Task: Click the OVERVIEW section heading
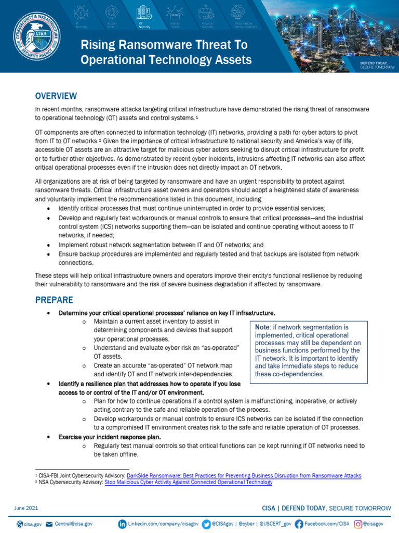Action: (56, 96)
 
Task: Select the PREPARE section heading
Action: (54, 300)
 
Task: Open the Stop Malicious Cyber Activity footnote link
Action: (188, 483)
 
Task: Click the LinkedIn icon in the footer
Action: (122, 524)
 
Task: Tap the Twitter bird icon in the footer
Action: (206, 524)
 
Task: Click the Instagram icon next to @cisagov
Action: (358, 524)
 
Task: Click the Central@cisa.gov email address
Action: (74, 524)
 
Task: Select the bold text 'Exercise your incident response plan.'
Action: (110, 436)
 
